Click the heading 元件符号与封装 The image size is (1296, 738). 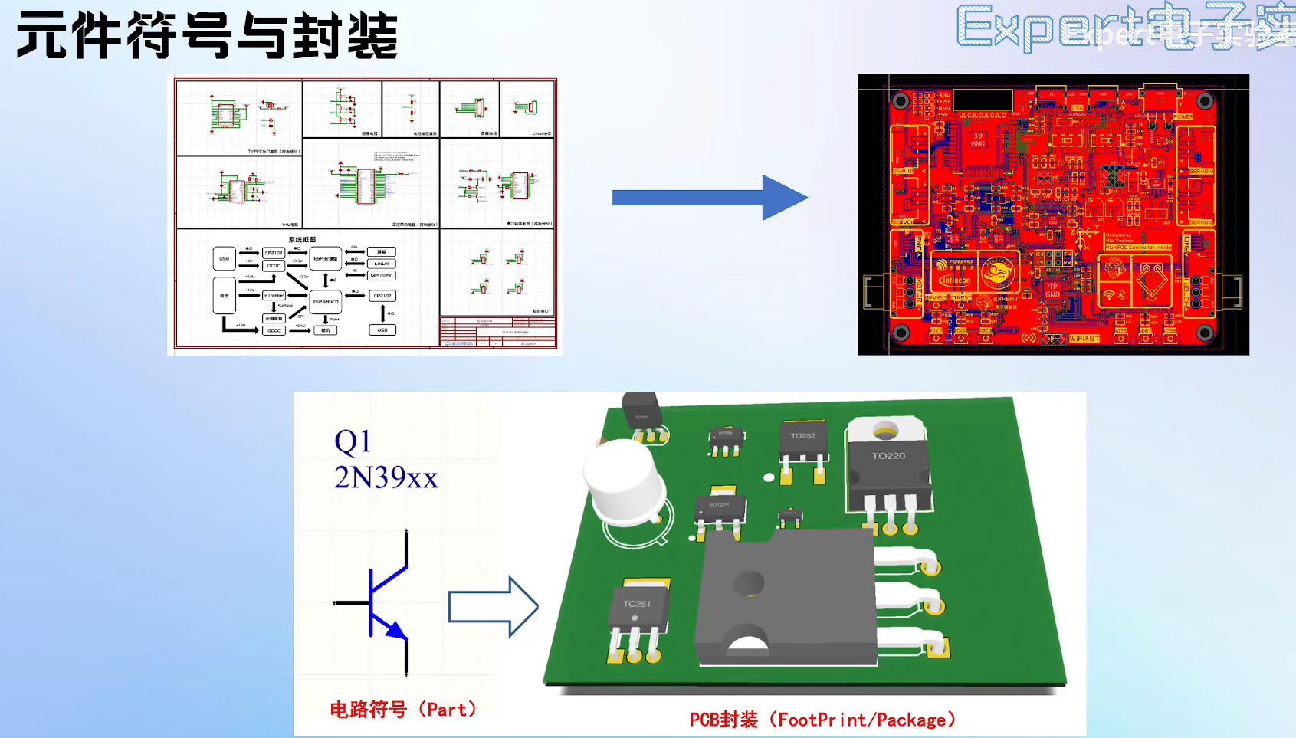[x=207, y=35]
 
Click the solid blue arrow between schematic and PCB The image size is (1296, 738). [x=709, y=198]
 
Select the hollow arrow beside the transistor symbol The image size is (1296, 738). [x=493, y=607]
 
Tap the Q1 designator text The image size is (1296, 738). [x=353, y=441]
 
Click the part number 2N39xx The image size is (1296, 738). [x=386, y=477]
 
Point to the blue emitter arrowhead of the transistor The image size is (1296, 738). [x=396, y=630]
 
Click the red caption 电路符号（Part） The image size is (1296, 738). [x=403, y=710]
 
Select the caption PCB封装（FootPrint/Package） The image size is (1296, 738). [x=822, y=720]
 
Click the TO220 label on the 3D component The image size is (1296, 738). [x=888, y=456]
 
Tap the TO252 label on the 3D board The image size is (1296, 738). [x=803, y=435]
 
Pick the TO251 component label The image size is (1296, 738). [x=637, y=604]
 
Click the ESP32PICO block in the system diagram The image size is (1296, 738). [x=326, y=302]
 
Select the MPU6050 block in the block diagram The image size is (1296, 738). [x=382, y=275]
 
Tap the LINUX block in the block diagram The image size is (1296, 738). [x=382, y=264]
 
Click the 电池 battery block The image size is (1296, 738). [x=224, y=296]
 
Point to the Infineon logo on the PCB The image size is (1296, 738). [x=956, y=280]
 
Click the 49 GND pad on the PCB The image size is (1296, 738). [x=1052, y=290]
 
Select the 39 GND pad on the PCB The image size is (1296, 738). [x=978, y=139]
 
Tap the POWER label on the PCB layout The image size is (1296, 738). [x=1183, y=117]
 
